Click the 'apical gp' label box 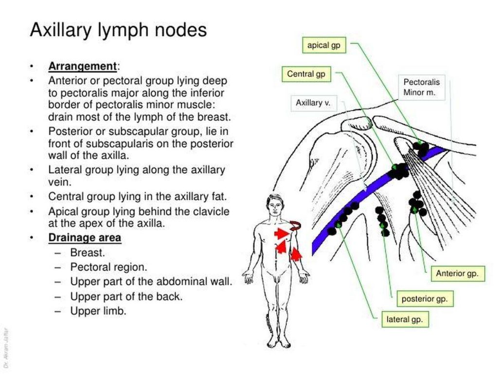pos(323,46)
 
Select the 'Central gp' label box pos(306,75)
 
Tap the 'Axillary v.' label pos(313,103)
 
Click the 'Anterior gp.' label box pos(457,274)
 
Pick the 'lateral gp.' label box pos(405,320)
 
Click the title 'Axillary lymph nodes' pos(118,30)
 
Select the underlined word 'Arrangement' pos(82,66)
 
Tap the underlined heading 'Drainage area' pos(85,238)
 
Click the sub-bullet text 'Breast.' pos(88,253)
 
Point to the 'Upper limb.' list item pos(98,311)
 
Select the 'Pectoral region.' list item pos(108,267)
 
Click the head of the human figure pos(275,205)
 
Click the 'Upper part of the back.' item pos(126,297)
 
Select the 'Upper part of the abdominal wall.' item pos(151,282)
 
